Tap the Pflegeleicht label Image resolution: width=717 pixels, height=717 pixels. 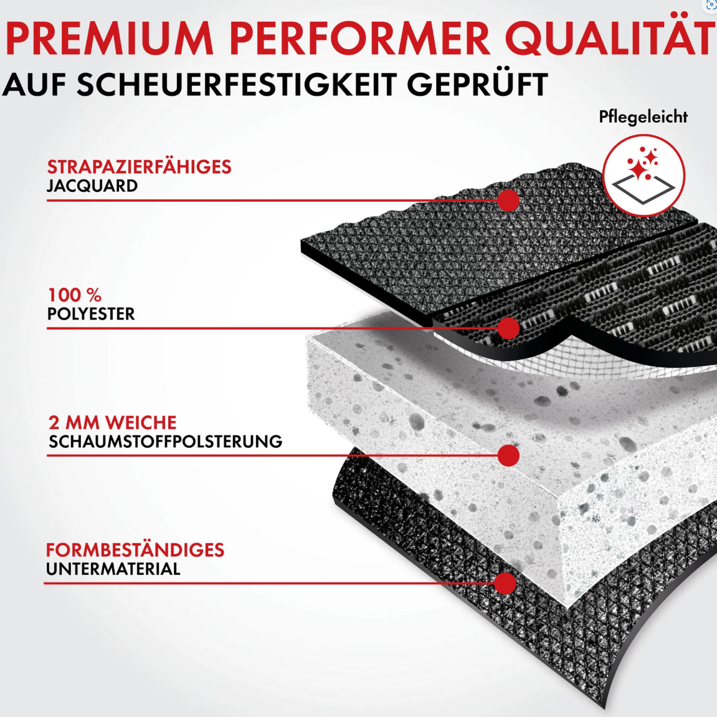click(x=643, y=118)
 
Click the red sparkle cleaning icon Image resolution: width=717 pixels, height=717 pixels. click(x=644, y=175)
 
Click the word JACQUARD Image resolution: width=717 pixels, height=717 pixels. click(x=92, y=186)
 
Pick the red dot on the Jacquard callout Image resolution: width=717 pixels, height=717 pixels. click(x=508, y=201)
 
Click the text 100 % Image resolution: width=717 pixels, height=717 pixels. click(x=75, y=295)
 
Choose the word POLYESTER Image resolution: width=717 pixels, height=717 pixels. click(x=92, y=314)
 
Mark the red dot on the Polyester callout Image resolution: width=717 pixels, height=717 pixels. click(x=508, y=328)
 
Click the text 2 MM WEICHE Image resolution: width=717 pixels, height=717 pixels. click(x=113, y=423)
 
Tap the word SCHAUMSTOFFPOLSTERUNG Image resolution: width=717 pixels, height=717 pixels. click(x=166, y=442)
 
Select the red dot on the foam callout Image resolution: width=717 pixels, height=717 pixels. click(x=508, y=455)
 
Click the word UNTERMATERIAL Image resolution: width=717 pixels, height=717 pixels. click(x=113, y=569)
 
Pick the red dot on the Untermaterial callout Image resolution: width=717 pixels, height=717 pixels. click(x=505, y=584)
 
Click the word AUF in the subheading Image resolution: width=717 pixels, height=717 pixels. click(x=34, y=85)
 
